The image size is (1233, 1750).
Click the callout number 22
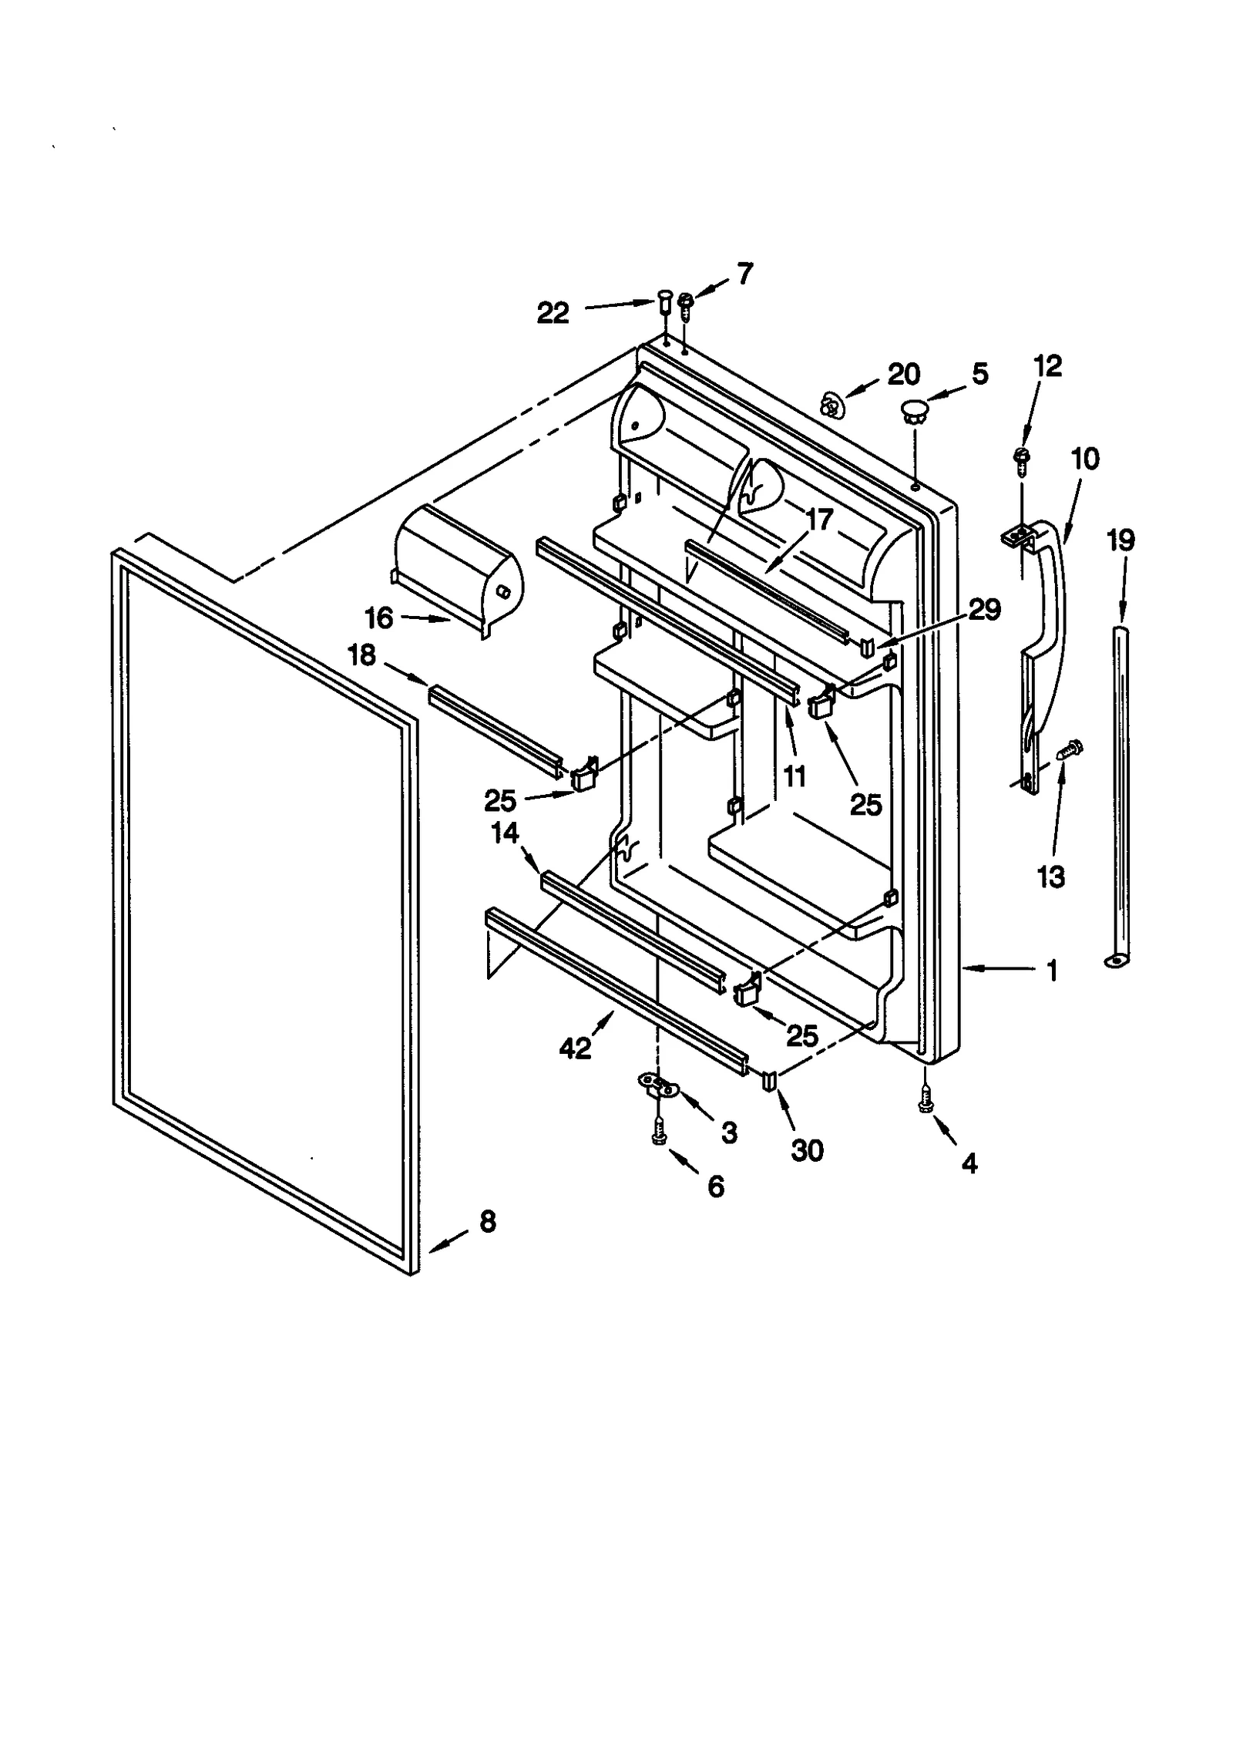click(553, 313)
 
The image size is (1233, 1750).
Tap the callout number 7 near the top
click(744, 274)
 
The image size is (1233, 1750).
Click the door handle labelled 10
click(1045, 617)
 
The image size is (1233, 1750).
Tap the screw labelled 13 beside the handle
click(1069, 749)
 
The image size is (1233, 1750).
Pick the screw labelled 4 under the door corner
click(923, 1106)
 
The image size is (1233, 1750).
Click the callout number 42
click(576, 1048)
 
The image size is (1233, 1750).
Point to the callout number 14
click(506, 833)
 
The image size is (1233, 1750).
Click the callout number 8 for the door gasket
click(487, 1222)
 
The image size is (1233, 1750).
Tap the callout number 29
click(984, 610)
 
